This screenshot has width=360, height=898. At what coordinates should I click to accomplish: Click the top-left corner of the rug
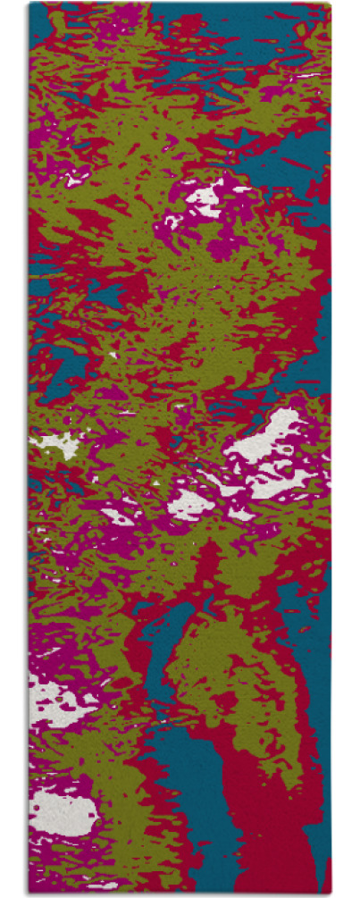29,4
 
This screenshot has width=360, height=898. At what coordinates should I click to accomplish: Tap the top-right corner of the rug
330,4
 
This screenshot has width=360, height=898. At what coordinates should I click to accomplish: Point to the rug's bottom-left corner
29,894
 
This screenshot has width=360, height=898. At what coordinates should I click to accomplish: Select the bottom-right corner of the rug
330,894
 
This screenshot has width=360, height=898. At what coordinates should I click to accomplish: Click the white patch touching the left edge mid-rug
55,443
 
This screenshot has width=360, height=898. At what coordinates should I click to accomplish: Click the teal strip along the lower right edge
317,715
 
